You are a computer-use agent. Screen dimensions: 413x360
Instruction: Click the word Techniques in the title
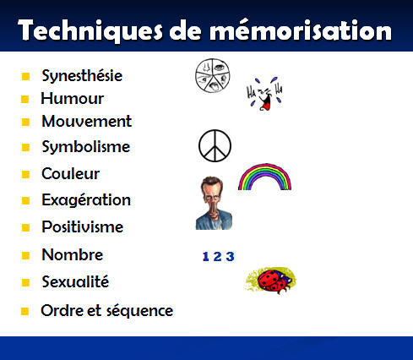coord(90,30)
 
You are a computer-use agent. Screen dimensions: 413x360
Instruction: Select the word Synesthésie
coord(82,76)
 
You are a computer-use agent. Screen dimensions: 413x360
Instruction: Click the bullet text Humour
coord(73,99)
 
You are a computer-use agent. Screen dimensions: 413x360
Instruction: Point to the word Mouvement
coord(87,122)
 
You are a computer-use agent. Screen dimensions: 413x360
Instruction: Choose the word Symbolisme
coord(86,147)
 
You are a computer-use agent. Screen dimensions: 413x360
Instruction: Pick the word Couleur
coord(71,173)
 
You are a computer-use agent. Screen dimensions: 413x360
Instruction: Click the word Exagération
coord(86,200)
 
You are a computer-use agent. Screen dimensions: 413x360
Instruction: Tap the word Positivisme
coord(83,226)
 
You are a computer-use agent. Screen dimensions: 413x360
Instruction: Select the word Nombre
coord(73,254)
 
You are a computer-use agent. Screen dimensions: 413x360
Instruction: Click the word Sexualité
coord(75,281)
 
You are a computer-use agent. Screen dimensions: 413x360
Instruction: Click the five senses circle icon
coord(213,75)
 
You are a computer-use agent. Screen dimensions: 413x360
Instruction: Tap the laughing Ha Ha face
coord(264,94)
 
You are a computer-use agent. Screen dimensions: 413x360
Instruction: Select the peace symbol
coord(215,145)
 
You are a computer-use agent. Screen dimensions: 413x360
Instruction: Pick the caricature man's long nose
coord(213,209)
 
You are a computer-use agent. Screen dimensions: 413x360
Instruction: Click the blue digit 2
coord(217,256)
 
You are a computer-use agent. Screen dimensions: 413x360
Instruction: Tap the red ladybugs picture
coord(271,281)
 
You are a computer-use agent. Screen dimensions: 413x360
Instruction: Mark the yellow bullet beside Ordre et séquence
coord(24,311)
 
